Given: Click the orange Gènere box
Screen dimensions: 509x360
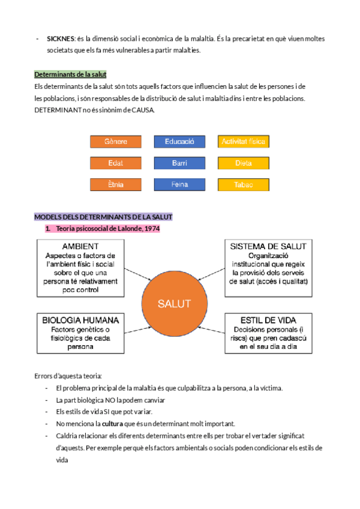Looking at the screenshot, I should tap(116, 142).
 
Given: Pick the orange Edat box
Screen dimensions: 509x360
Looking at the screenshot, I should tap(116, 163).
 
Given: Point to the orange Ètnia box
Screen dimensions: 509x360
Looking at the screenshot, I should tap(116, 184).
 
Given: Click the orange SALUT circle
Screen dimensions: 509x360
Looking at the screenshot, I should tap(174, 303).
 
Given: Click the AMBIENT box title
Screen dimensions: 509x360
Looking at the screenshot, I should tap(80, 247).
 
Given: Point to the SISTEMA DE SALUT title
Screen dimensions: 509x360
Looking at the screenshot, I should tap(268, 247).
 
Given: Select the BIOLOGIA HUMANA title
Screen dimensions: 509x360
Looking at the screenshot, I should tap(80, 319).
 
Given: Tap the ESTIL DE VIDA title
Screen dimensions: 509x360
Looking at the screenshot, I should tap(268, 319).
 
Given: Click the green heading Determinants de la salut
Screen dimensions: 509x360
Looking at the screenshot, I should tap(70, 74).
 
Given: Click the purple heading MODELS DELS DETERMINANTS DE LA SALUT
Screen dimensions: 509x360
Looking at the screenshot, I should tap(103, 217).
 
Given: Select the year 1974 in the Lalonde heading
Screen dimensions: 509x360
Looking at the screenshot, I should tap(152, 228).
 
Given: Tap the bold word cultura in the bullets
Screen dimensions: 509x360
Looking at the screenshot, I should tap(113, 423).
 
